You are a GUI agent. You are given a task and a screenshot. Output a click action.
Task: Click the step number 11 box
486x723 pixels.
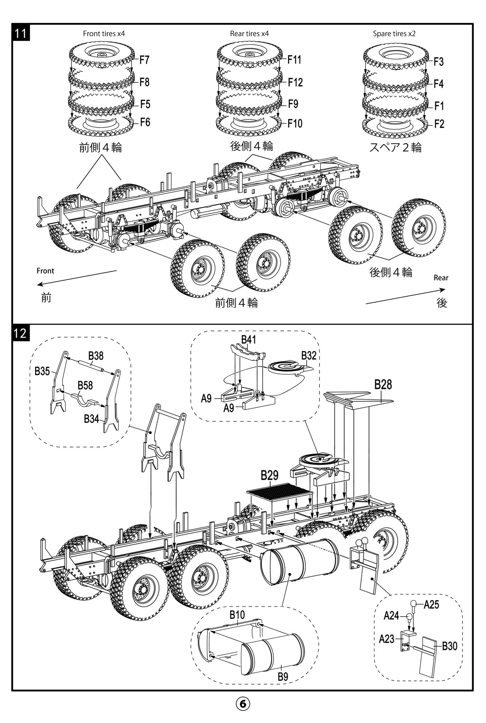pos(21,33)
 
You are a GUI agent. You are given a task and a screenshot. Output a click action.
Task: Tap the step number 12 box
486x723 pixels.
pos(21,333)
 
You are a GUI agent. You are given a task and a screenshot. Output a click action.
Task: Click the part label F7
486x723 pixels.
pos(144,60)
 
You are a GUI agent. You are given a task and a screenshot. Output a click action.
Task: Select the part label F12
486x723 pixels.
pos(295,83)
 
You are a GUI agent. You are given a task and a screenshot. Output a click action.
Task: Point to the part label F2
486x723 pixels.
pos(439,124)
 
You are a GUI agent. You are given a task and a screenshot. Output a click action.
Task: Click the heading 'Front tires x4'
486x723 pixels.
pos(104,34)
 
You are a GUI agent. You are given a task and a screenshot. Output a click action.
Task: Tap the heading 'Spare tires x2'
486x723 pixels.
pos(394,34)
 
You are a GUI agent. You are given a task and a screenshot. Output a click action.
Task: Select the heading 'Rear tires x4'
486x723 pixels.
pos(249,34)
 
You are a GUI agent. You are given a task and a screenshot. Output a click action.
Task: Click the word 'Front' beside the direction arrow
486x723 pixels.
pos(45,271)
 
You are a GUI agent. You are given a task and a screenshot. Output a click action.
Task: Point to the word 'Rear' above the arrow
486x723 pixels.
pos(441,278)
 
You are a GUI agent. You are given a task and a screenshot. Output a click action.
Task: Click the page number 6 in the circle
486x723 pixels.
pos(243,703)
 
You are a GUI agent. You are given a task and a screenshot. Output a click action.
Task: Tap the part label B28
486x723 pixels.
pos(383,385)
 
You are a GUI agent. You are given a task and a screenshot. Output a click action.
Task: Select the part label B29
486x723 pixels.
pos(269,475)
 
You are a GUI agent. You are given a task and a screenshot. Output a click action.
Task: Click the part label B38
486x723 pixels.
pos(96,356)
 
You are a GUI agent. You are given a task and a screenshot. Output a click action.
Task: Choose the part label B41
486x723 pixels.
pos(248,340)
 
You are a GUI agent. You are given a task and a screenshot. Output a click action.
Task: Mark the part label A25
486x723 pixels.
pos(432,605)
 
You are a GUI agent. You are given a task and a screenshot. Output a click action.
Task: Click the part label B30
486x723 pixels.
pos(449,646)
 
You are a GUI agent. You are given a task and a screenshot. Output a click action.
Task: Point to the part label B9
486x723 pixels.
pos(283,677)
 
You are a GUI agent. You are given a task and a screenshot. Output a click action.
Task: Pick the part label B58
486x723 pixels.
pos(85,386)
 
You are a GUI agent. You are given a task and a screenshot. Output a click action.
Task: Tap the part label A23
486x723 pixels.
pos(387,639)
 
